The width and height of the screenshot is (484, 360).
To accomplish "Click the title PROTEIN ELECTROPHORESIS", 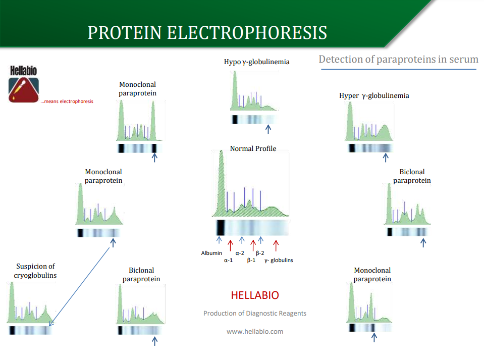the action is tap(207, 32).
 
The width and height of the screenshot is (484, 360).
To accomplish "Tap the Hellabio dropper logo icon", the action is tap(23, 90).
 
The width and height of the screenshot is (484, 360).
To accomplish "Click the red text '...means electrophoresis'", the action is tap(67, 101).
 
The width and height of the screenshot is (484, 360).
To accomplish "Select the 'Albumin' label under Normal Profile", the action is tap(211, 253).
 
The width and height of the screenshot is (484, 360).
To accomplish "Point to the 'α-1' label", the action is tap(229, 260).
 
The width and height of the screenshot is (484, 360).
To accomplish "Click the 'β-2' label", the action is tap(260, 253).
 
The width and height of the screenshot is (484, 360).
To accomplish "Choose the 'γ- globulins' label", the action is tap(279, 260).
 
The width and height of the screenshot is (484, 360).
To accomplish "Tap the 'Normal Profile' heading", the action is tap(253, 148).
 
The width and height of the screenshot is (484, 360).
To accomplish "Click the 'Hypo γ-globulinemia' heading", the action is tap(257, 62).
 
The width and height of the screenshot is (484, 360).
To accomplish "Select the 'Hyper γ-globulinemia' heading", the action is tap(374, 96).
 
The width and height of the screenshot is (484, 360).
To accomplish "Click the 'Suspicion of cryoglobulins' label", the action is tap(35, 271).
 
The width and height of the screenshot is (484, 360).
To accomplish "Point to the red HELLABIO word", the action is tap(255, 295).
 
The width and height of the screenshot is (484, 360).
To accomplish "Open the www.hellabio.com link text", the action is tap(255, 331).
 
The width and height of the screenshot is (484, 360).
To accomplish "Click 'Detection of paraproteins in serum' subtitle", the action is tap(399, 59).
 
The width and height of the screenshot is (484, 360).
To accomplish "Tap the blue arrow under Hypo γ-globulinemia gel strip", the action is tap(268, 129).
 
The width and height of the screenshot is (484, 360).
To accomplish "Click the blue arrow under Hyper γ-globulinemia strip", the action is tap(386, 158).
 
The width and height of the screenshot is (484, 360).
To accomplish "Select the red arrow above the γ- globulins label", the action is tap(276, 246).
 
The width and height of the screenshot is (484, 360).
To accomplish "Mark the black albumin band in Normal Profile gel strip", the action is tap(221, 228).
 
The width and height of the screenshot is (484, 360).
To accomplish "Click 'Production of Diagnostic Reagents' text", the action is tap(255, 314).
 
